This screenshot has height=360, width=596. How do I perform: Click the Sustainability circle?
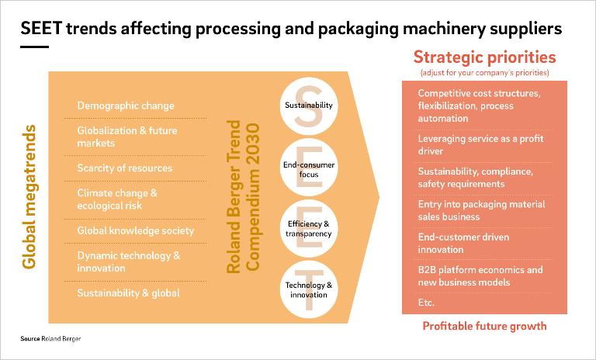click(308, 106)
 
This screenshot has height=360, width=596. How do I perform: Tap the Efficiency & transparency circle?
click(308, 229)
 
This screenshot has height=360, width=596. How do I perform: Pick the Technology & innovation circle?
click(308, 289)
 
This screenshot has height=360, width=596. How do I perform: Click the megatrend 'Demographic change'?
click(126, 106)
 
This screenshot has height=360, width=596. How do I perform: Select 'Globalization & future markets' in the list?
click(126, 137)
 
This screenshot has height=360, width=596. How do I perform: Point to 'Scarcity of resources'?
click(124, 168)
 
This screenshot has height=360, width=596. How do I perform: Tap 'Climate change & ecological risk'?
click(116, 199)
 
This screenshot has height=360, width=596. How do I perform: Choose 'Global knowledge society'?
click(135, 230)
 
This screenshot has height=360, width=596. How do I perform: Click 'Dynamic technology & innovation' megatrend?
click(128, 261)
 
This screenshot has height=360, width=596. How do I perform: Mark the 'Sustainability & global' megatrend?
click(128, 292)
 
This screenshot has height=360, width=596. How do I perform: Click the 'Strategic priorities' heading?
click(484, 57)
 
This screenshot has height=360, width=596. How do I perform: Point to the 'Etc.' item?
click(426, 303)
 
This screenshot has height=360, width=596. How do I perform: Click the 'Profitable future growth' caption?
click(484, 326)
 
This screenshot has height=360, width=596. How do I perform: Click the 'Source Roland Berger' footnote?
click(50, 340)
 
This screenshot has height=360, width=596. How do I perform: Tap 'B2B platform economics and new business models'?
click(480, 276)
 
